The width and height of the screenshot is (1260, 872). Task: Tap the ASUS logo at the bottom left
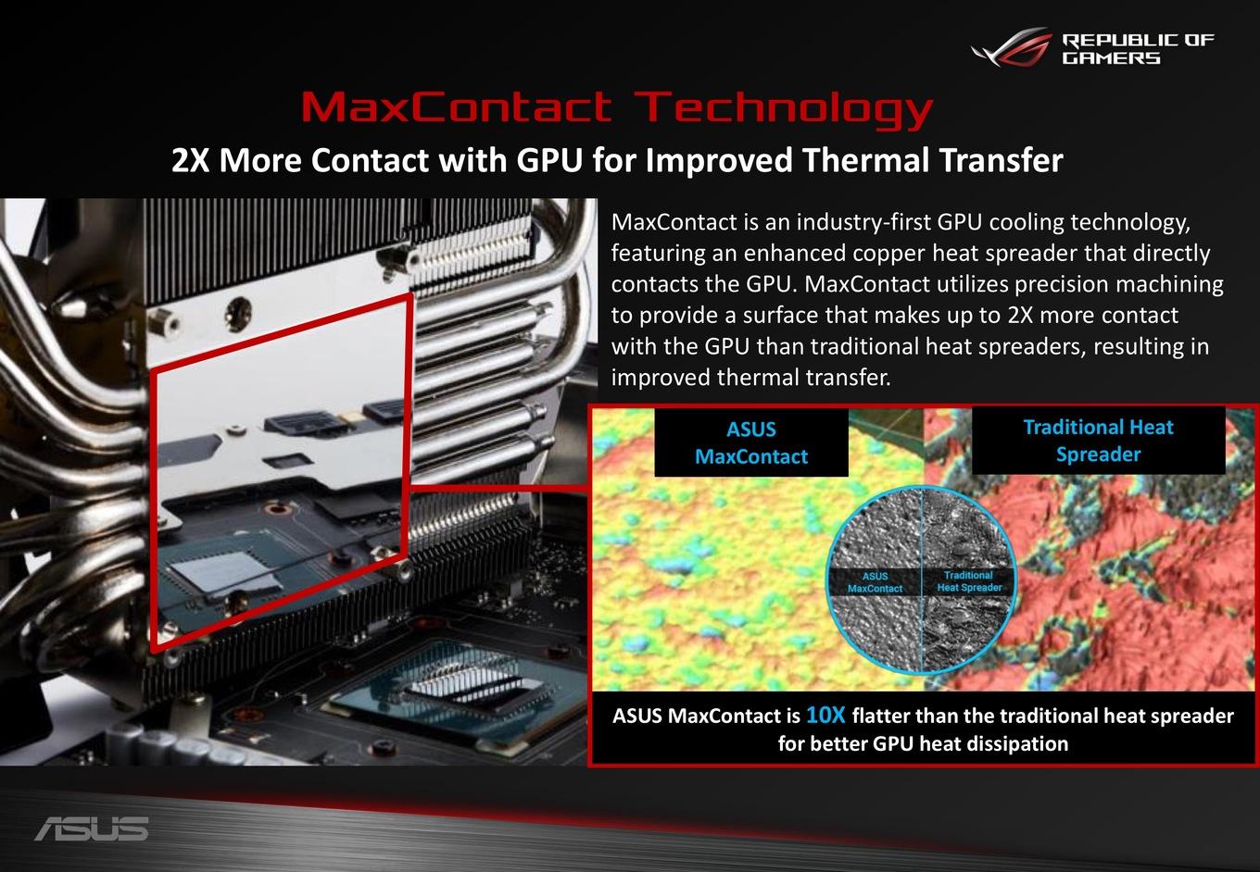[x=92, y=828]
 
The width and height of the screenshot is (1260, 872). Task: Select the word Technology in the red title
[x=787, y=110]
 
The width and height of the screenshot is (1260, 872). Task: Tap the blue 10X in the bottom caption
[x=825, y=715]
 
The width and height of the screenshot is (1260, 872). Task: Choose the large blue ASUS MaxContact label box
[x=751, y=442]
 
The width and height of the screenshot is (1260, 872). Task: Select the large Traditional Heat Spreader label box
[x=1098, y=441]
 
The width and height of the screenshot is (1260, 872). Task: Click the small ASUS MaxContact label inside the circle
[x=875, y=582]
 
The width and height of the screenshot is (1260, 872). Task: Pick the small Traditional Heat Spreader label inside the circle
[x=969, y=581]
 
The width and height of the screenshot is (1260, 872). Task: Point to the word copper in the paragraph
[x=888, y=254]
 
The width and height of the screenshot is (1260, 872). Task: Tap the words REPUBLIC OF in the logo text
[x=1138, y=41]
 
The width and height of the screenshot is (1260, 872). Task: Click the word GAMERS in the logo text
[x=1111, y=58]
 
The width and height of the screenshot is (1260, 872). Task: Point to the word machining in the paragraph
[x=1169, y=285]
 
